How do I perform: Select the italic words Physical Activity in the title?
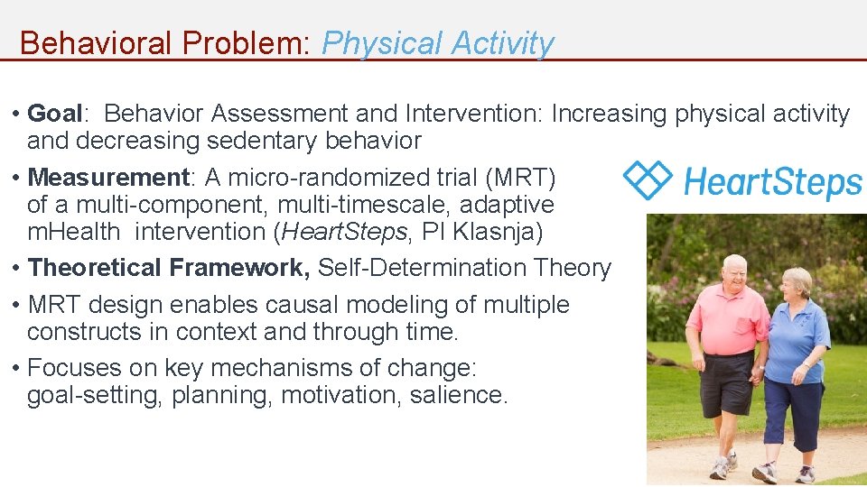(x=437, y=43)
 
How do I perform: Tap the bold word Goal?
(x=55, y=114)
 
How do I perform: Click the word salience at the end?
(x=458, y=395)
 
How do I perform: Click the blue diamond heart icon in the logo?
(x=648, y=179)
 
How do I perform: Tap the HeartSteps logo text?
(x=772, y=181)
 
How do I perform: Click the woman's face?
(x=796, y=288)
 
